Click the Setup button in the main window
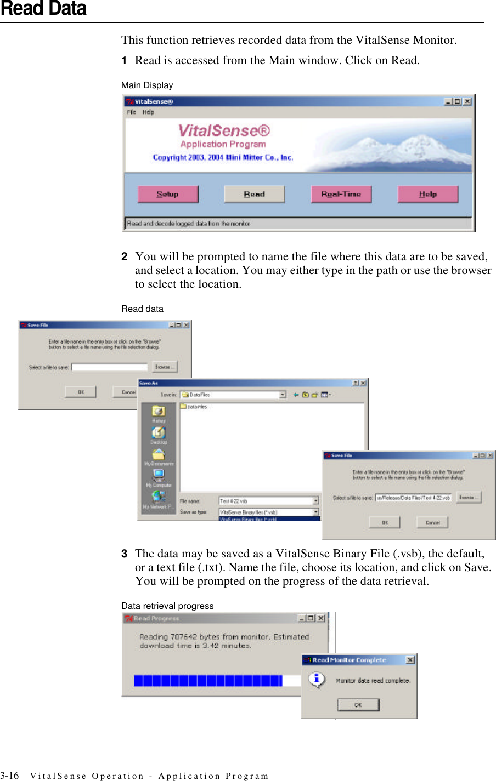tap(168, 194)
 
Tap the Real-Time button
tap(341, 194)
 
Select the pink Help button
tap(427, 194)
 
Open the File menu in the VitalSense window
tap(132, 112)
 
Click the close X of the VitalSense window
tap(467, 101)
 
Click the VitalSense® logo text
tap(224, 131)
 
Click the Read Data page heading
tap(43, 9)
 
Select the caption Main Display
tap(147, 85)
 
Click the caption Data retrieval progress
tap(167, 606)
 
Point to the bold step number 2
tap(125, 256)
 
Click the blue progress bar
tap(208, 681)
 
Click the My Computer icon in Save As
tap(159, 475)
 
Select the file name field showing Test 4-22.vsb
tap(266, 501)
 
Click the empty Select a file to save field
tap(110, 367)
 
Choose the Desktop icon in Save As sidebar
tap(159, 433)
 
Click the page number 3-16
tap(9, 776)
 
